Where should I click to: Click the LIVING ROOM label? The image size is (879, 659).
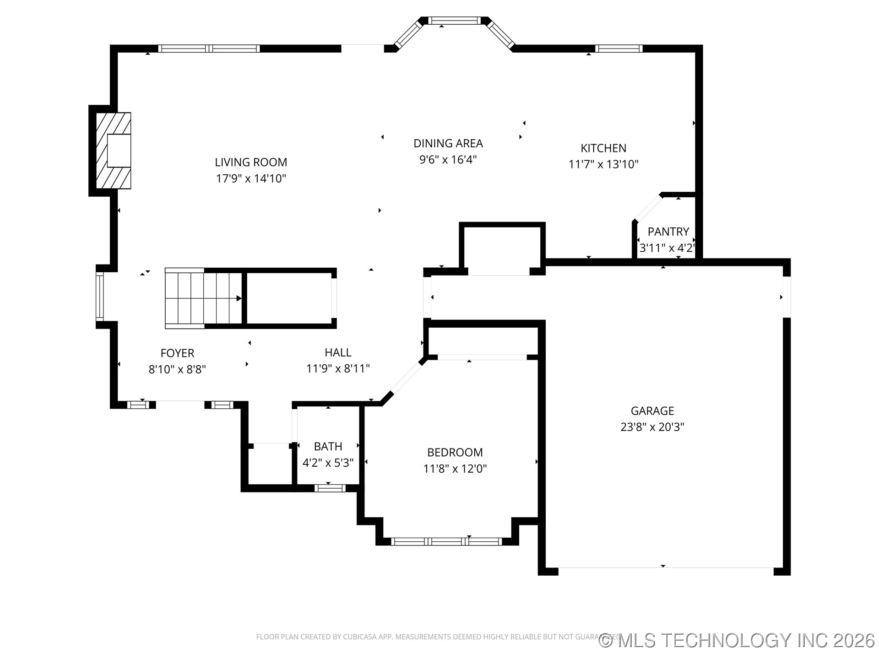[251, 162]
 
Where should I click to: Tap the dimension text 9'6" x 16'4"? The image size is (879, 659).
[448, 160]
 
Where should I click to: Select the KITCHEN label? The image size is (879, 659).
[603, 148]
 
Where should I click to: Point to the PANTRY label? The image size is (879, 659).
[668, 232]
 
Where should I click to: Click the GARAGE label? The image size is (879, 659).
[652, 411]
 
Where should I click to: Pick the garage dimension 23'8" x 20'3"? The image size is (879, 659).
[652, 427]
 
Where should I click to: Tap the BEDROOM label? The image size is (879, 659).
[455, 452]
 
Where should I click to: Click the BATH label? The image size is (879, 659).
[328, 446]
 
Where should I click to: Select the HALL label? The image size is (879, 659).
[338, 352]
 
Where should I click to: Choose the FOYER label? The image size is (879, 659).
[177, 353]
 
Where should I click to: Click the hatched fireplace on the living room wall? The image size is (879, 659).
[113, 151]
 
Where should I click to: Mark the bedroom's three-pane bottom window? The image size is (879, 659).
[446, 542]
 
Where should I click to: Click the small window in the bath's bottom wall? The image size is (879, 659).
[330, 488]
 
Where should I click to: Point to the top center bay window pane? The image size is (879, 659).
[454, 20]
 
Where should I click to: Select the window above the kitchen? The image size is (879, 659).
[619, 49]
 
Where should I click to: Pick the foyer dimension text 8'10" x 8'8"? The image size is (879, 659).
[177, 369]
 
